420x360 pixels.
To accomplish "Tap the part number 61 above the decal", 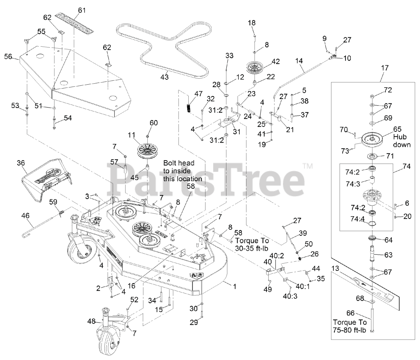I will click(82, 10).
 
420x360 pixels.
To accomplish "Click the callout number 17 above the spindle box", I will click(385, 68).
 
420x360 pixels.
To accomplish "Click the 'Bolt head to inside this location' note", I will click(183, 170).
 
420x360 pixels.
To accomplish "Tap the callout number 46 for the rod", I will click(25, 215).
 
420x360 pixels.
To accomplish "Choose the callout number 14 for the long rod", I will click(299, 61).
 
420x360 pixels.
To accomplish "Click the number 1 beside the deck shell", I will click(234, 286).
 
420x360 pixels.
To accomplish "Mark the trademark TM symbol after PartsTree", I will click(308, 166).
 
